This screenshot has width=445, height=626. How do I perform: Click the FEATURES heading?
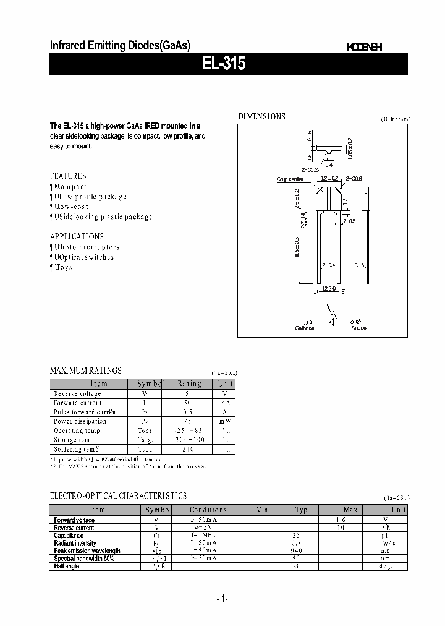[x=68, y=176]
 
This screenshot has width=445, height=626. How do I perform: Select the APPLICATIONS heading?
[x=77, y=236]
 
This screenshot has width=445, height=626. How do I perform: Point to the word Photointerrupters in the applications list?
[x=87, y=247]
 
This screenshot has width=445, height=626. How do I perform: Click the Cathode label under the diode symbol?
[x=304, y=328]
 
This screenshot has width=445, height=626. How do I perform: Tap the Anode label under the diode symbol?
[x=358, y=328]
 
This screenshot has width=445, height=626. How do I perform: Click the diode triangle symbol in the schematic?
[x=332, y=322]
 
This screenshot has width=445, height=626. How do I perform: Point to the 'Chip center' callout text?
[x=290, y=179]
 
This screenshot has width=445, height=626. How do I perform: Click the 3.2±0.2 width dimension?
[x=328, y=178]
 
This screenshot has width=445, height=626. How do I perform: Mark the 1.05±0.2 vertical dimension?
[x=349, y=148]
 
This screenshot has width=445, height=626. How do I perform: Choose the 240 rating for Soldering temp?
[x=189, y=448]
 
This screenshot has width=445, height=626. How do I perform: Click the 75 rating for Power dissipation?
[x=189, y=421]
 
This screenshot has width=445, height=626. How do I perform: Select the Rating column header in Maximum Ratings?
[x=189, y=384]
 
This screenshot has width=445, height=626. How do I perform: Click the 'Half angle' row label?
[x=67, y=566]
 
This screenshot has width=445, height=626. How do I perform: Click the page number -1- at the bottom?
[x=222, y=599]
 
